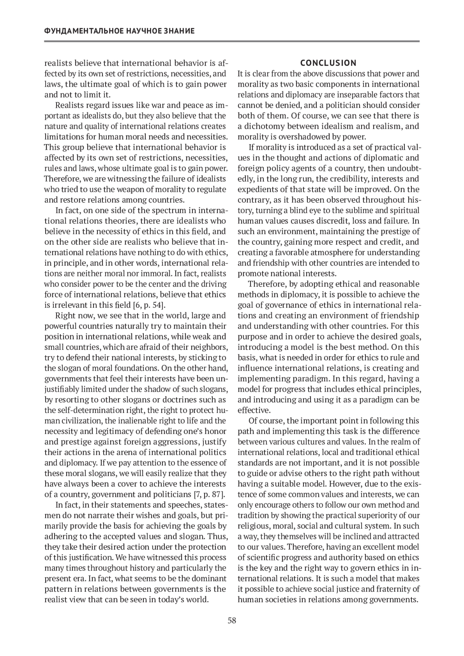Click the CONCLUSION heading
(x=328, y=63)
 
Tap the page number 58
(x=232, y=621)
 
